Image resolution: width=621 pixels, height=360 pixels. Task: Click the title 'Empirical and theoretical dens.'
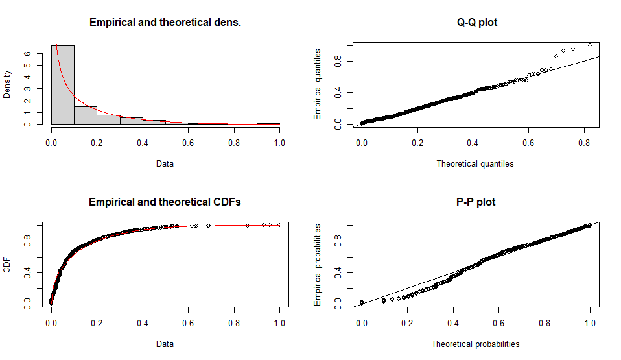point(165,23)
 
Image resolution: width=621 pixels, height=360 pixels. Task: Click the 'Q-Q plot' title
point(477,23)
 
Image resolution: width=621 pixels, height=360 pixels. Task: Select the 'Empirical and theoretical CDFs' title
point(165,202)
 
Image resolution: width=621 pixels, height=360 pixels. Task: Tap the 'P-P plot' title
point(477,202)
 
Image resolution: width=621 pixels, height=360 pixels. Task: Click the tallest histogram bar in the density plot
point(63,84)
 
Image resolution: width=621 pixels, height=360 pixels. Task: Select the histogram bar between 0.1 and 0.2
point(86,115)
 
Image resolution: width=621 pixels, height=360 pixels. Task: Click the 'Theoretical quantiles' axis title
point(475,164)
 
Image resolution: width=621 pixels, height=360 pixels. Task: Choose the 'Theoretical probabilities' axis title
point(475,344)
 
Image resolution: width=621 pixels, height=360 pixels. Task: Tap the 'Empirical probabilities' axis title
point(318,265)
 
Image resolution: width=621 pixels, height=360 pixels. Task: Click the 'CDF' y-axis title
point(8,265)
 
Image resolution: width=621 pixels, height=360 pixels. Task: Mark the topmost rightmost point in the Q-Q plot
point(590,45)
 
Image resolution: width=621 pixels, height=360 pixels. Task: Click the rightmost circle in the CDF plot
point(279,225)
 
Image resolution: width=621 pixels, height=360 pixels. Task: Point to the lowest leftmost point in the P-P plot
point(362,302)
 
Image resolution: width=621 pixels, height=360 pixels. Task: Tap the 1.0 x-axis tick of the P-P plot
point(589,319)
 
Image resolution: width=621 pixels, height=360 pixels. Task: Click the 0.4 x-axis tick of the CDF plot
point(143,319)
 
